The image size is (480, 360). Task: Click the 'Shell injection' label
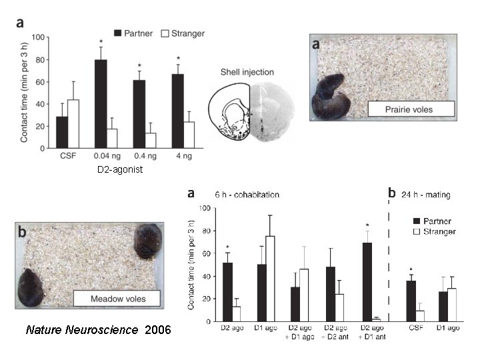247,72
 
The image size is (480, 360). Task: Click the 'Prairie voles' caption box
411,109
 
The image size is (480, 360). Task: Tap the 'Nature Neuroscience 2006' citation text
98,330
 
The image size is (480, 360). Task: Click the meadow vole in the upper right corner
148,241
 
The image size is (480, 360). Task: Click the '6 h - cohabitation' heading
247,195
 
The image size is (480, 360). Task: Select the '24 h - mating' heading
425,195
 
